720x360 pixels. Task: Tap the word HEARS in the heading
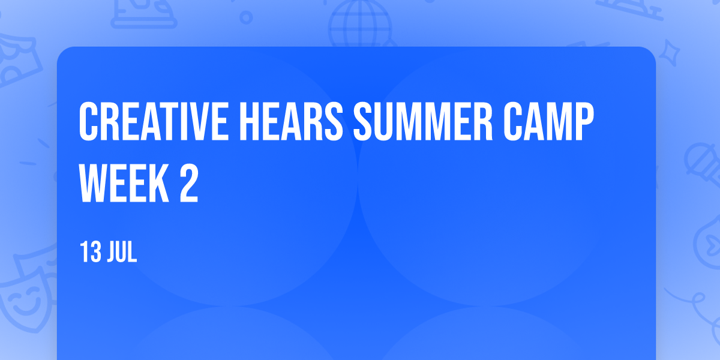(x=292, y=121)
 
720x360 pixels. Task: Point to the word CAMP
(x=548, y=121)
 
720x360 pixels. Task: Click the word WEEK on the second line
(x=124, y=183)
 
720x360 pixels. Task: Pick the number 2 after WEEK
(x=189, y=183)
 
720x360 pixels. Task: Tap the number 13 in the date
(x=91, y=252)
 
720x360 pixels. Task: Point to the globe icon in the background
(x=360, y=24)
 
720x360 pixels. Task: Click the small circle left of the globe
(x=246, y=17)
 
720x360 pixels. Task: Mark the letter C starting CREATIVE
(x=88, y=121)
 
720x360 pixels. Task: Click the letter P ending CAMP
(x=584, y=121)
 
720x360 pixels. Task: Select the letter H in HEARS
(x=250, y=121)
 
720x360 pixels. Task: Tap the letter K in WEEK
(x=159, y=183)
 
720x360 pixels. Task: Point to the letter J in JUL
(x=111, y=252)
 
